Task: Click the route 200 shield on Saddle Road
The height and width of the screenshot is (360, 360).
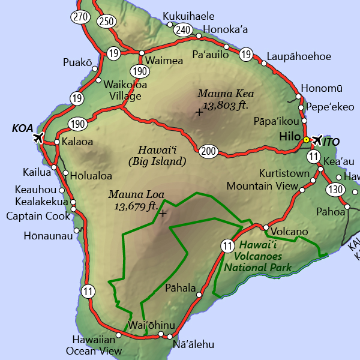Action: click(x=209, y=151)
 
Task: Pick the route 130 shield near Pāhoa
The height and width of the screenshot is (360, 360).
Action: click(x=335, y=190)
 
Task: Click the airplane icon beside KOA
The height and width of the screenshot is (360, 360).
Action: click(x=37, y=138)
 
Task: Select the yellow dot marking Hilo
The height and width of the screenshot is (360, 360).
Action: click(x=306, y=140)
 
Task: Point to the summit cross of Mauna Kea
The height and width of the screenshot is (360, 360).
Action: click(x=199, y=112)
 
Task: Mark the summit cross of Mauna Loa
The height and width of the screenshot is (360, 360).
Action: click(x=162, y=212)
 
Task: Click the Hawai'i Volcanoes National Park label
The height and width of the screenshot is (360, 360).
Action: click(x=257, y=256)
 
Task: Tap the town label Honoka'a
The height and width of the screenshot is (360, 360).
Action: click(x=226, y=29)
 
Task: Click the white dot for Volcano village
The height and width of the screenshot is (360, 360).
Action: click(x=266, y=227)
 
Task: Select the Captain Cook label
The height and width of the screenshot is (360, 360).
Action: click(x=38, y=216)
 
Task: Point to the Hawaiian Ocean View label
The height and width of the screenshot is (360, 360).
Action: click(x=97, y=345)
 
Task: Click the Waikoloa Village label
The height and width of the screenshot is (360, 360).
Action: click(x=122, y=90)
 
